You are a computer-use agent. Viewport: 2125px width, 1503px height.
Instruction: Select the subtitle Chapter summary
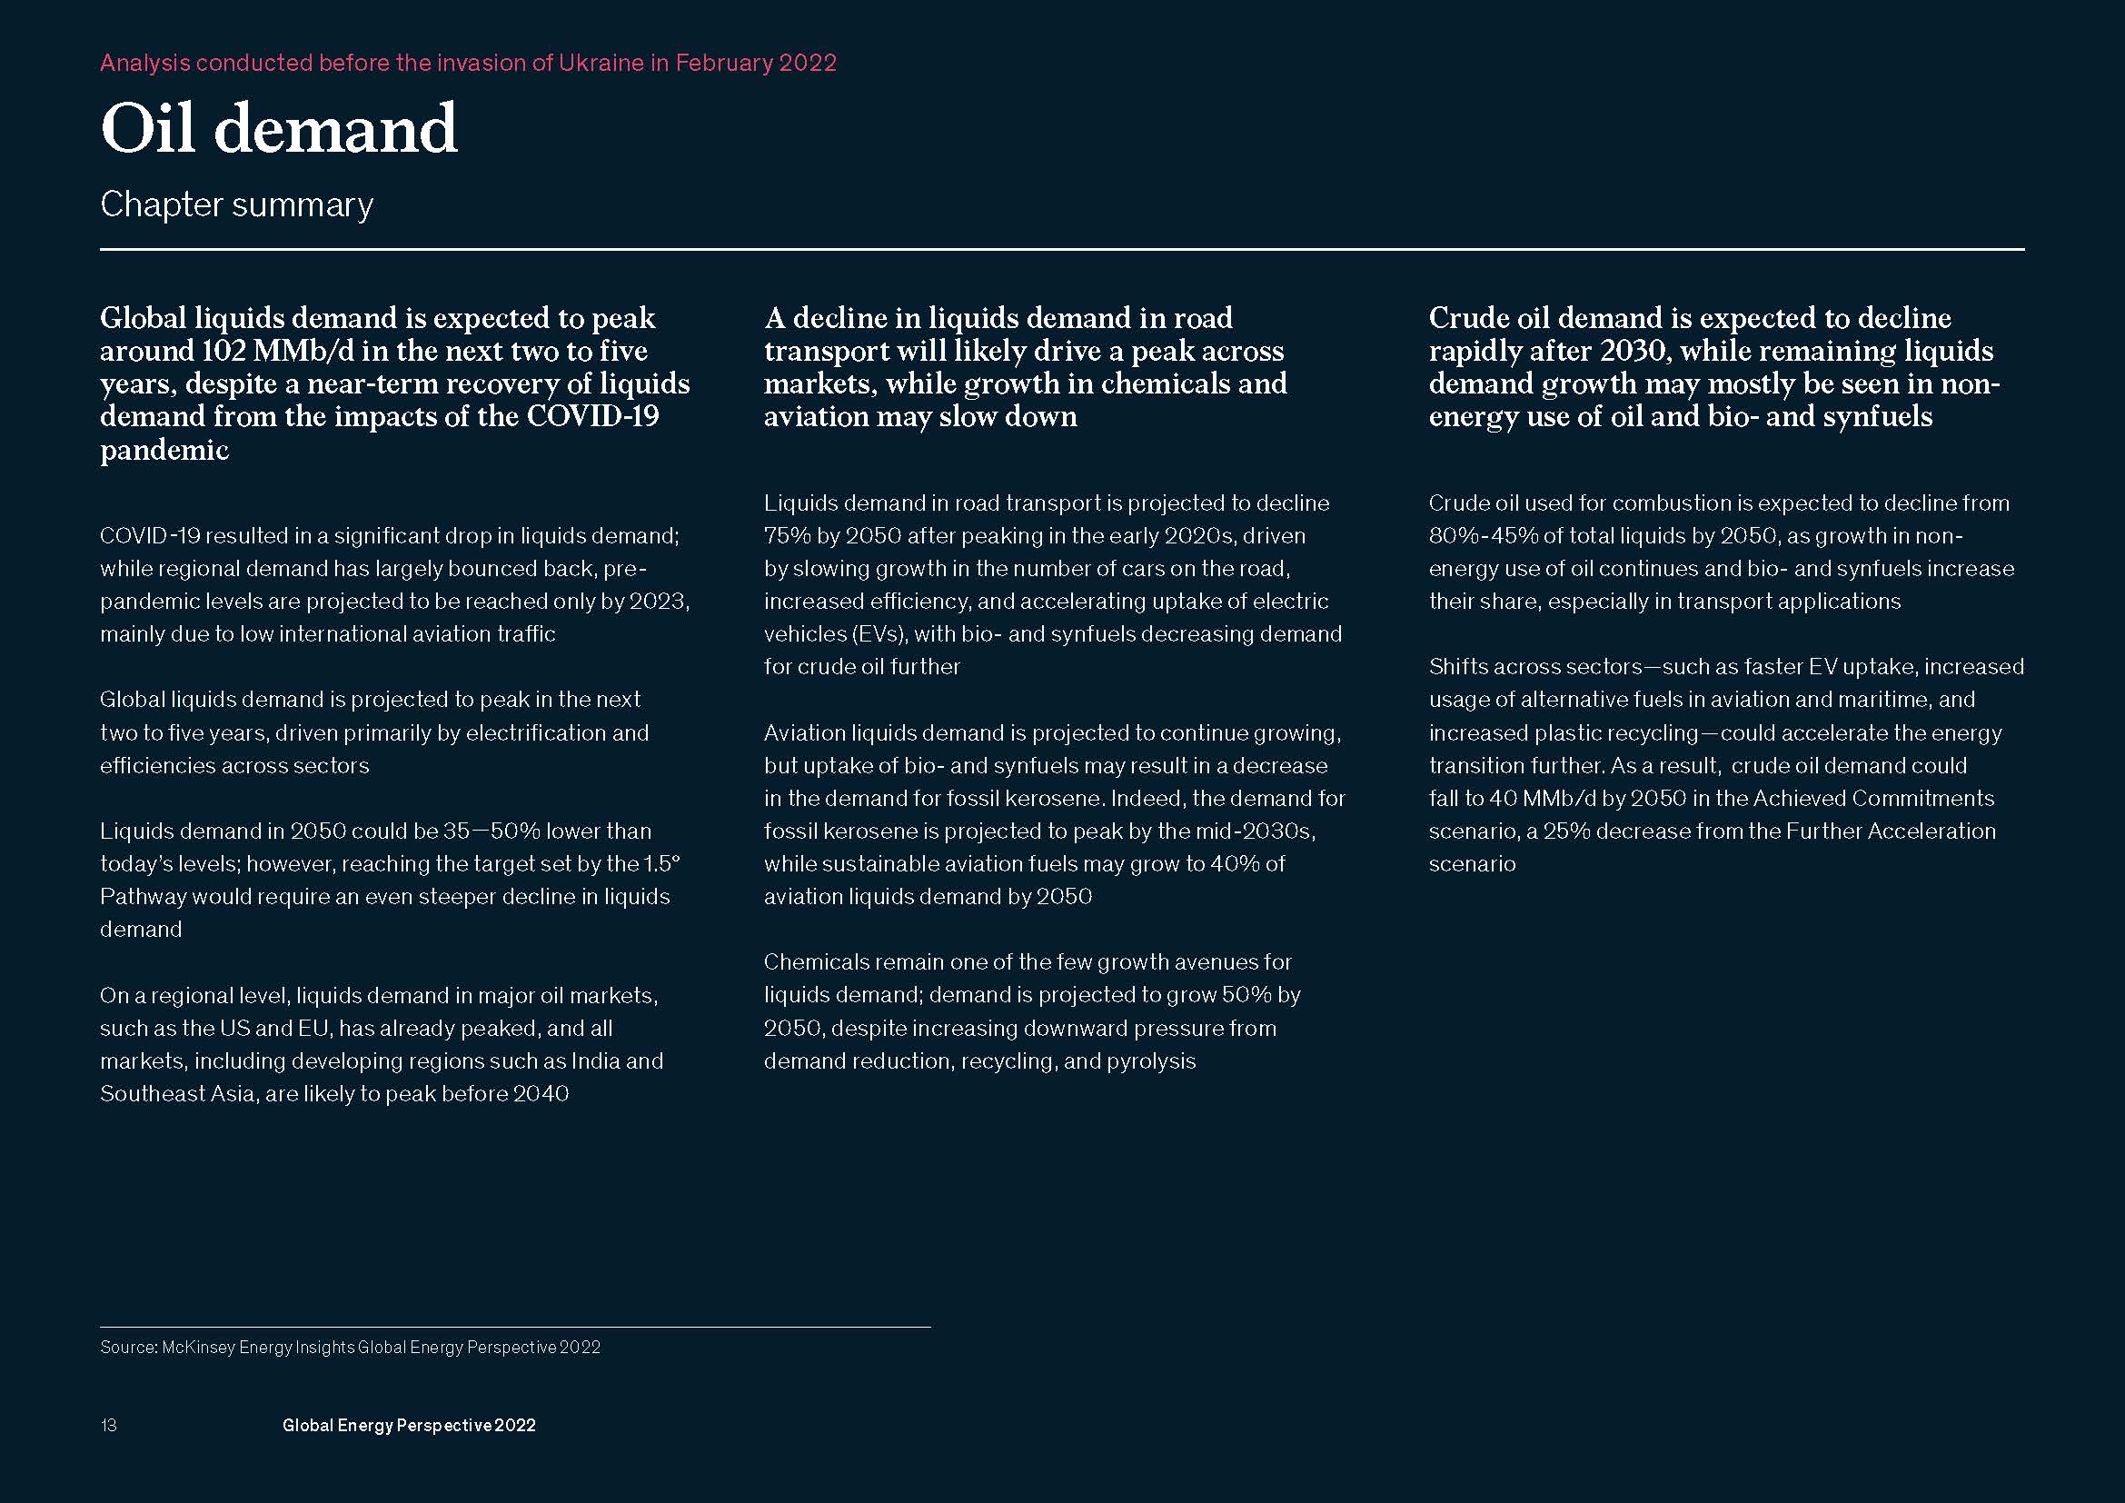click(236, 204)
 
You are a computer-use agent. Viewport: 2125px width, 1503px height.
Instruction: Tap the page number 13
click(108, 1425)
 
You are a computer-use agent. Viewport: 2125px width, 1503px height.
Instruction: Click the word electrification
click(536, 733)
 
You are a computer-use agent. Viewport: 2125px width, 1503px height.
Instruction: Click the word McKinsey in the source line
click(198, 1348)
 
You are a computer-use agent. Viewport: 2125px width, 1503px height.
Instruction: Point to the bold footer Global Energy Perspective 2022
click(409, 1425)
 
